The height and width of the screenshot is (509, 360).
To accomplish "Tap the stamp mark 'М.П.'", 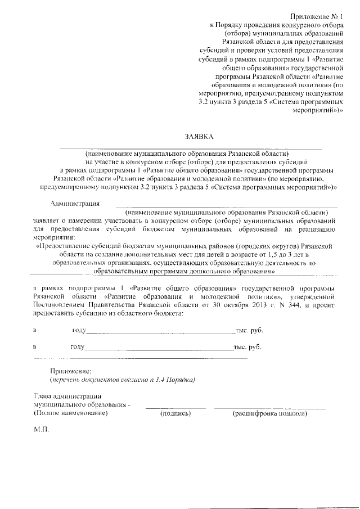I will coord(42,430).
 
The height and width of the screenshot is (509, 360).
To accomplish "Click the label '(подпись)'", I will coord(175,413).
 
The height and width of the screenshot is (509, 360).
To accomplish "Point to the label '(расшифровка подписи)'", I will coord(270,413).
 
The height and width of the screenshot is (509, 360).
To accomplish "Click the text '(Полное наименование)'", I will coord(71,413).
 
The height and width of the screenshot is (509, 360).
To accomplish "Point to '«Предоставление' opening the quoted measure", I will coord(62,246).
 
